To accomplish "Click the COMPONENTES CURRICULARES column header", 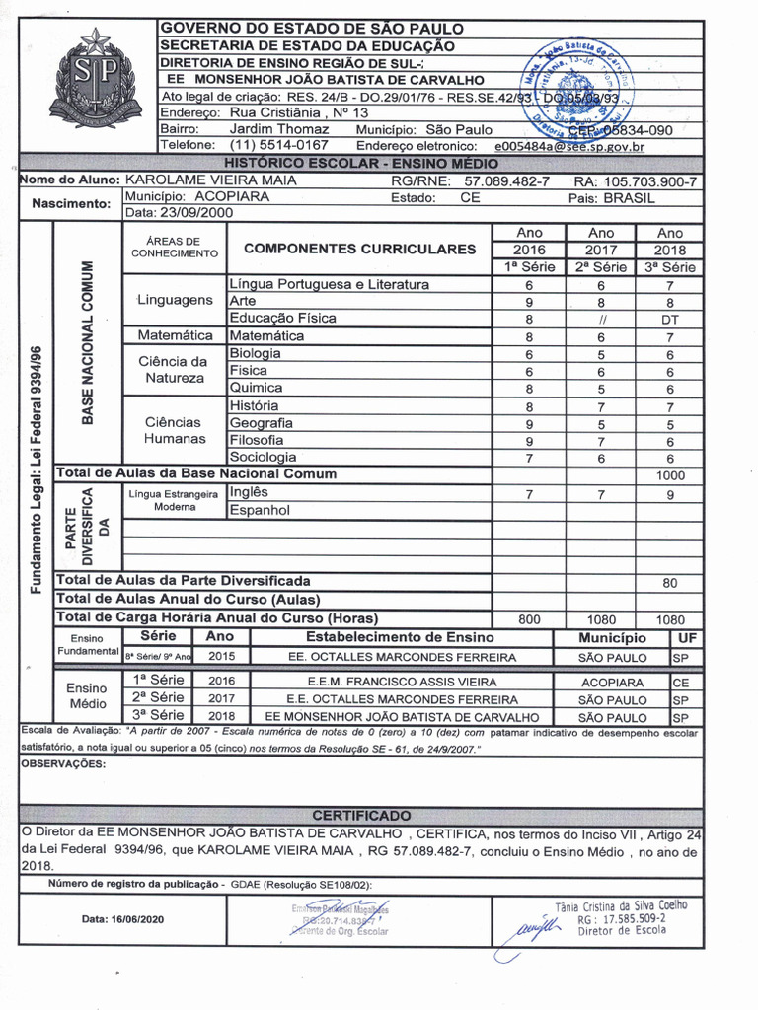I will click(x=359, y=249).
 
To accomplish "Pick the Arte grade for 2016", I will click(x=529, y=302).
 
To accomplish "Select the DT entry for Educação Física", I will click(x=669, y=320).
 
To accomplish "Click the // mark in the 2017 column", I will click(x=600, y=320).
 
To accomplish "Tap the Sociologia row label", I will click(x=263, y=458).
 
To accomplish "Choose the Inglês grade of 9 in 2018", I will click(x=669, y=494).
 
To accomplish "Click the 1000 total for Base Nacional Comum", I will click(x=669, y=474).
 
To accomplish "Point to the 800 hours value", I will click(x=529, y=619).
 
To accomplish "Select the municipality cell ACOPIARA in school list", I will click(x=612, y=683).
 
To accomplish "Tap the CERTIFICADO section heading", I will click(x=361, y=815).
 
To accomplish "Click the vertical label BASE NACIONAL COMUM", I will click(x=87, y=342).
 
